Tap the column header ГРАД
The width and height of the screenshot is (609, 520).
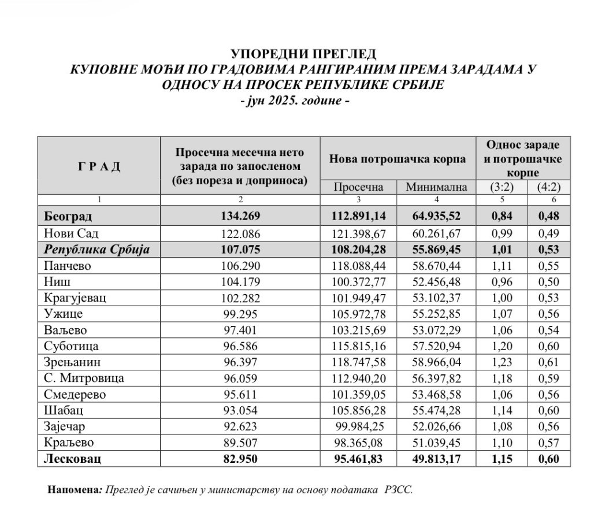[99, 167]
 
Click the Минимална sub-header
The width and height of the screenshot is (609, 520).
[437, 188]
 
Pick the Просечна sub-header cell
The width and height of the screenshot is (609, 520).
[359, 188]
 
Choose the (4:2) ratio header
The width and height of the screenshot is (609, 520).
[549, 188]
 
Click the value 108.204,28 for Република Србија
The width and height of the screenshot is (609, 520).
[359, 250]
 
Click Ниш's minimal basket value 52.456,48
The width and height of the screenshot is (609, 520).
[437, 281]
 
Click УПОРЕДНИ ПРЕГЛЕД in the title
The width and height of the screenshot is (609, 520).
[304, 54]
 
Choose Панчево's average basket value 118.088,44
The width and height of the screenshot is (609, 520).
[359, 266]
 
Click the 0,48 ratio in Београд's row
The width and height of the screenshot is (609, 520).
[549, 217]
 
